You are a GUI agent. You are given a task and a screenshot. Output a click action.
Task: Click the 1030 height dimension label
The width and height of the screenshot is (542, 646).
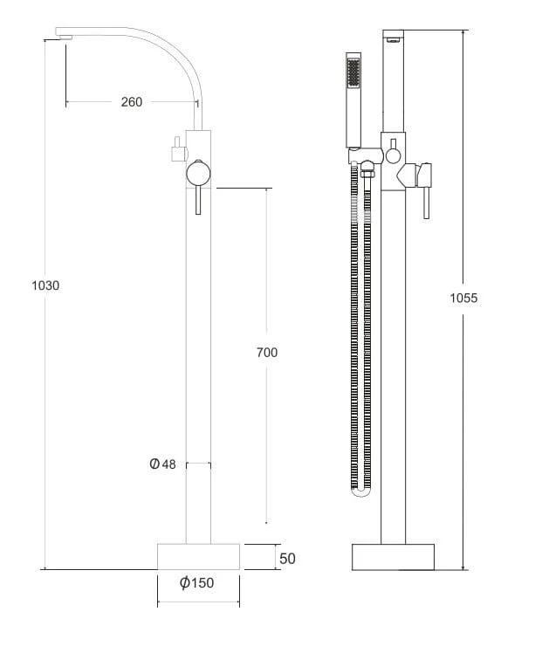(45, 285)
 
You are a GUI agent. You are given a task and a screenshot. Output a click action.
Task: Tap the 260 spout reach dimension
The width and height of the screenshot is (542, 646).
(132, 102)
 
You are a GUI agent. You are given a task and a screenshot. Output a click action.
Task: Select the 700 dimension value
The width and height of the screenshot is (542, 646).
(267, 353)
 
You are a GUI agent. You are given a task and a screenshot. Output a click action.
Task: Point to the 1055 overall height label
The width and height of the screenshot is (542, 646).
(463, 298)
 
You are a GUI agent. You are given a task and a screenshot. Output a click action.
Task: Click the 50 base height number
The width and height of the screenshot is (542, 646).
(287, 559)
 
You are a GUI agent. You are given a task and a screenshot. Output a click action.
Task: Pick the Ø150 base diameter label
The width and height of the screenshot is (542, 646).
(197, 582)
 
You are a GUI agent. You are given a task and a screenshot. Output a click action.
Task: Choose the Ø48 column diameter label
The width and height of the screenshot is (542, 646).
(162, 464)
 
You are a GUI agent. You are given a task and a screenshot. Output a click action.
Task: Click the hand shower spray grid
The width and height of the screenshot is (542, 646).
(353, 72)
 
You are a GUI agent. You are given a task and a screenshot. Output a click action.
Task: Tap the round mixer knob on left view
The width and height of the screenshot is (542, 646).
(198, 174)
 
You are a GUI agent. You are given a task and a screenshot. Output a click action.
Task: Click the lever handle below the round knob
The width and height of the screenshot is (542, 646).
(198, 200)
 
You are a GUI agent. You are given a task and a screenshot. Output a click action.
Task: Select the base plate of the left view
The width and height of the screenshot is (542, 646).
(198, 557)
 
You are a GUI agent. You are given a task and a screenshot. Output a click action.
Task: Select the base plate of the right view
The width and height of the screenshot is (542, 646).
(393, 557)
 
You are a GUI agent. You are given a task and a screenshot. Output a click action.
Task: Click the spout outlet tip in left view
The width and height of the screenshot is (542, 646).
(65, 38)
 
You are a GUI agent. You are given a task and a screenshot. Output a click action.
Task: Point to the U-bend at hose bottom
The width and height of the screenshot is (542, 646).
(360, 491)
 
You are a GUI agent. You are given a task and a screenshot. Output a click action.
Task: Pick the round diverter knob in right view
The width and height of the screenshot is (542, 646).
(393, 156)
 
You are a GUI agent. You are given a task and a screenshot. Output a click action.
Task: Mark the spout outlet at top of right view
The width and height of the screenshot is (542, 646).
(394, 40)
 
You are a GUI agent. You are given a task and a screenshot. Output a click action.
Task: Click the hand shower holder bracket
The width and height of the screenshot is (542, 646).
(366, 155)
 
